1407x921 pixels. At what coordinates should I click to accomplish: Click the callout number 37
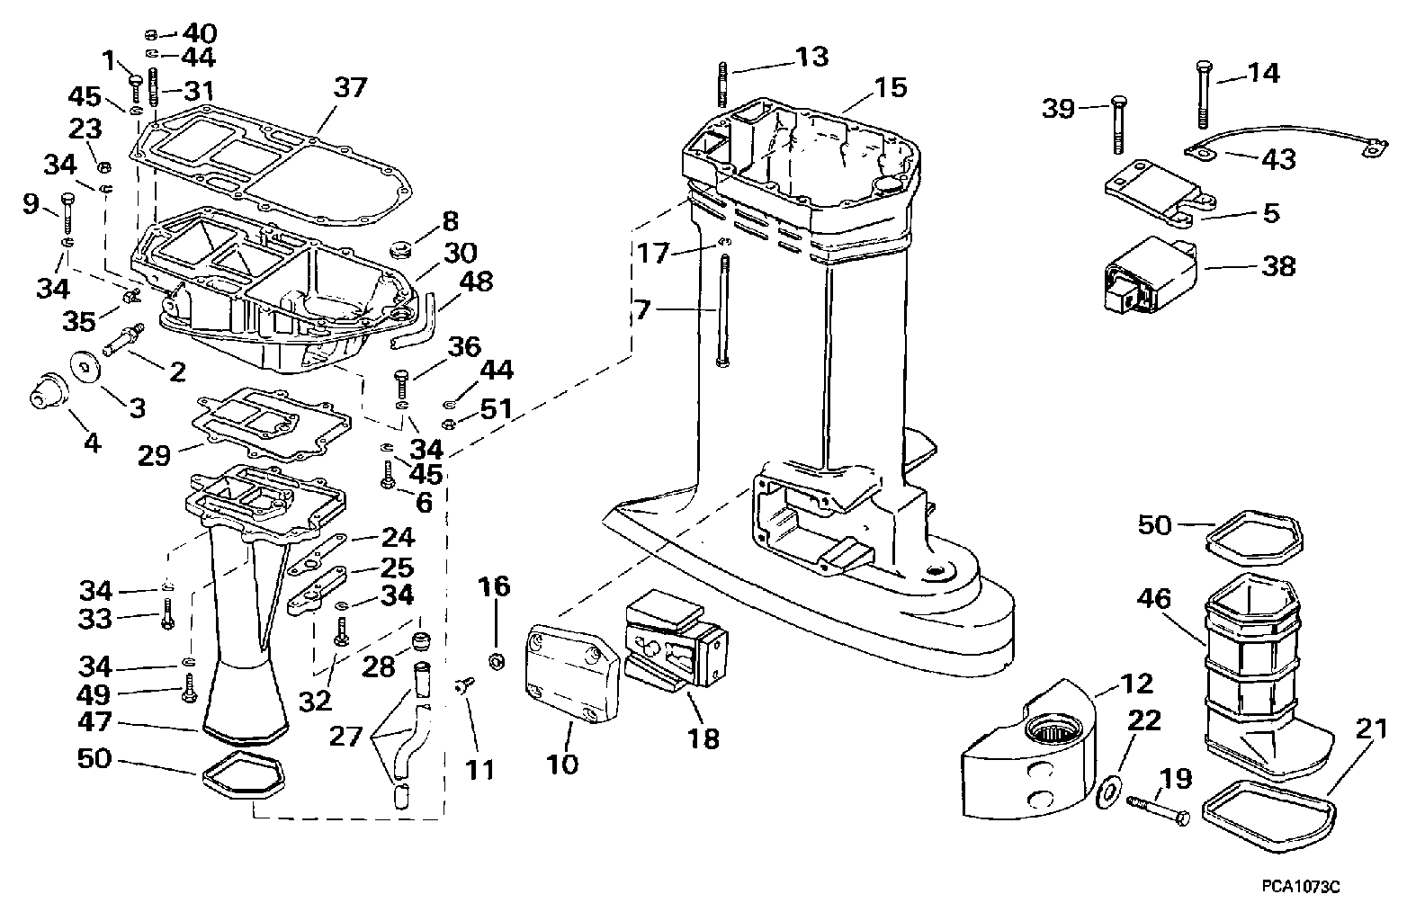click(x=350, y=87)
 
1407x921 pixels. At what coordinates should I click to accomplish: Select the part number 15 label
click(x=890, y=87)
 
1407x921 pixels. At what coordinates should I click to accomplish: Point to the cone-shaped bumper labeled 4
click(x=43, y=397)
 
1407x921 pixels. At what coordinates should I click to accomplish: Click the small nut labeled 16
click(x=494, y=662)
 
